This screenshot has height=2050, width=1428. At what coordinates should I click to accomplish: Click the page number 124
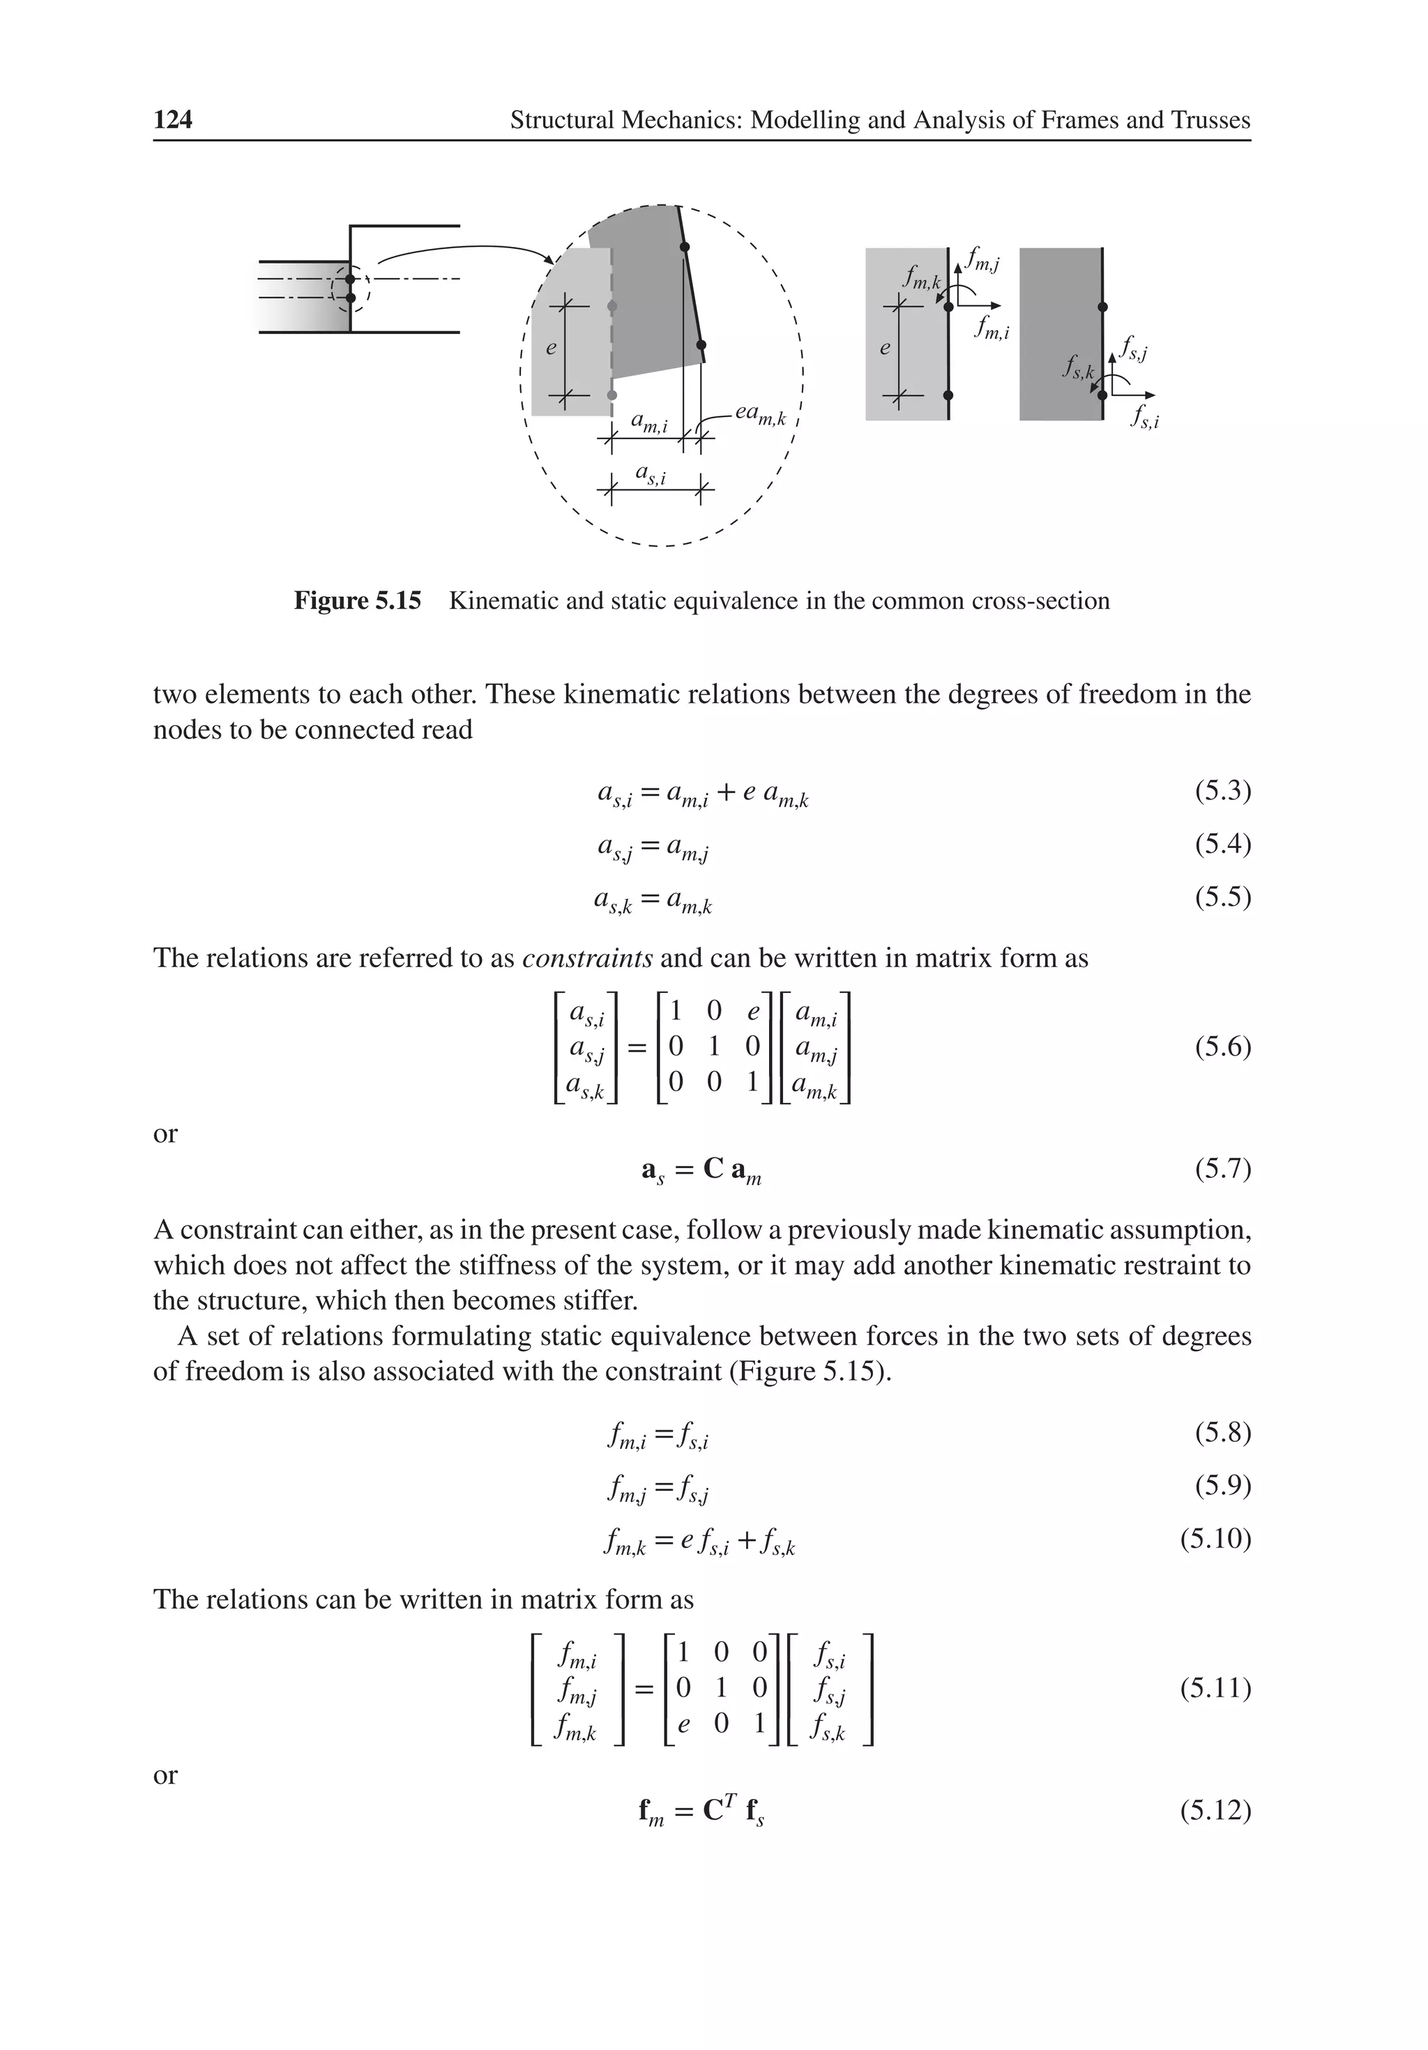coord(172,120)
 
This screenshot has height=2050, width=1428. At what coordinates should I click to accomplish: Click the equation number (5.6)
coord(1222,1047)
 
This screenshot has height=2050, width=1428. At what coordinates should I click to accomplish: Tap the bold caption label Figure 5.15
coord(357,601)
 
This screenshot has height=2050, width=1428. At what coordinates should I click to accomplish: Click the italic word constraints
coord(586,958)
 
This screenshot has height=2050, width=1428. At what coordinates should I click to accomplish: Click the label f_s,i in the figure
coord(1144,417)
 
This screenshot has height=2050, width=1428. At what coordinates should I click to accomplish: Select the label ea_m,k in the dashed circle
coord(759,414)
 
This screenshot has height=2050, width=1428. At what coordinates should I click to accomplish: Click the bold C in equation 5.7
coord(713,1169)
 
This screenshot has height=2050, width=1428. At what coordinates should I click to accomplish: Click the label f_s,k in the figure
coord(1078,366)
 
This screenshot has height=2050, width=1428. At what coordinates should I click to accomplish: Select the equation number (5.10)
coord(1215,1538)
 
